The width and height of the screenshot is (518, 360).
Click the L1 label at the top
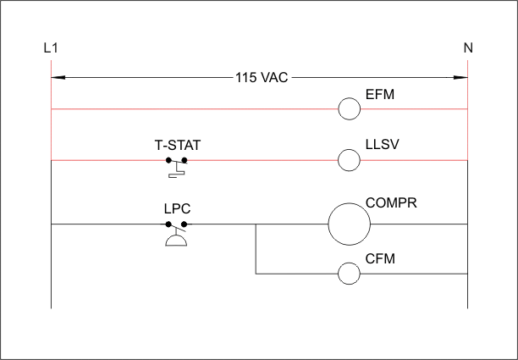pos(50,48)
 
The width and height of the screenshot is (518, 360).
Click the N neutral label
pos(467,48)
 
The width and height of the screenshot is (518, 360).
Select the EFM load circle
pos(350,109)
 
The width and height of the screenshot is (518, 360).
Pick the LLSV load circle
pos(350,159)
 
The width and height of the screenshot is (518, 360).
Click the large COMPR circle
pos(350,224)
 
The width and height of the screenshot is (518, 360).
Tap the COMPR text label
pos(391,204)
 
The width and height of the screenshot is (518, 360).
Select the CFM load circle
pos(350,273)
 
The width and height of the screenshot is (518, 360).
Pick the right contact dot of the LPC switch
pos(185,224)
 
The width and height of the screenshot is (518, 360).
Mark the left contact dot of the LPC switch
pos(168,224)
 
